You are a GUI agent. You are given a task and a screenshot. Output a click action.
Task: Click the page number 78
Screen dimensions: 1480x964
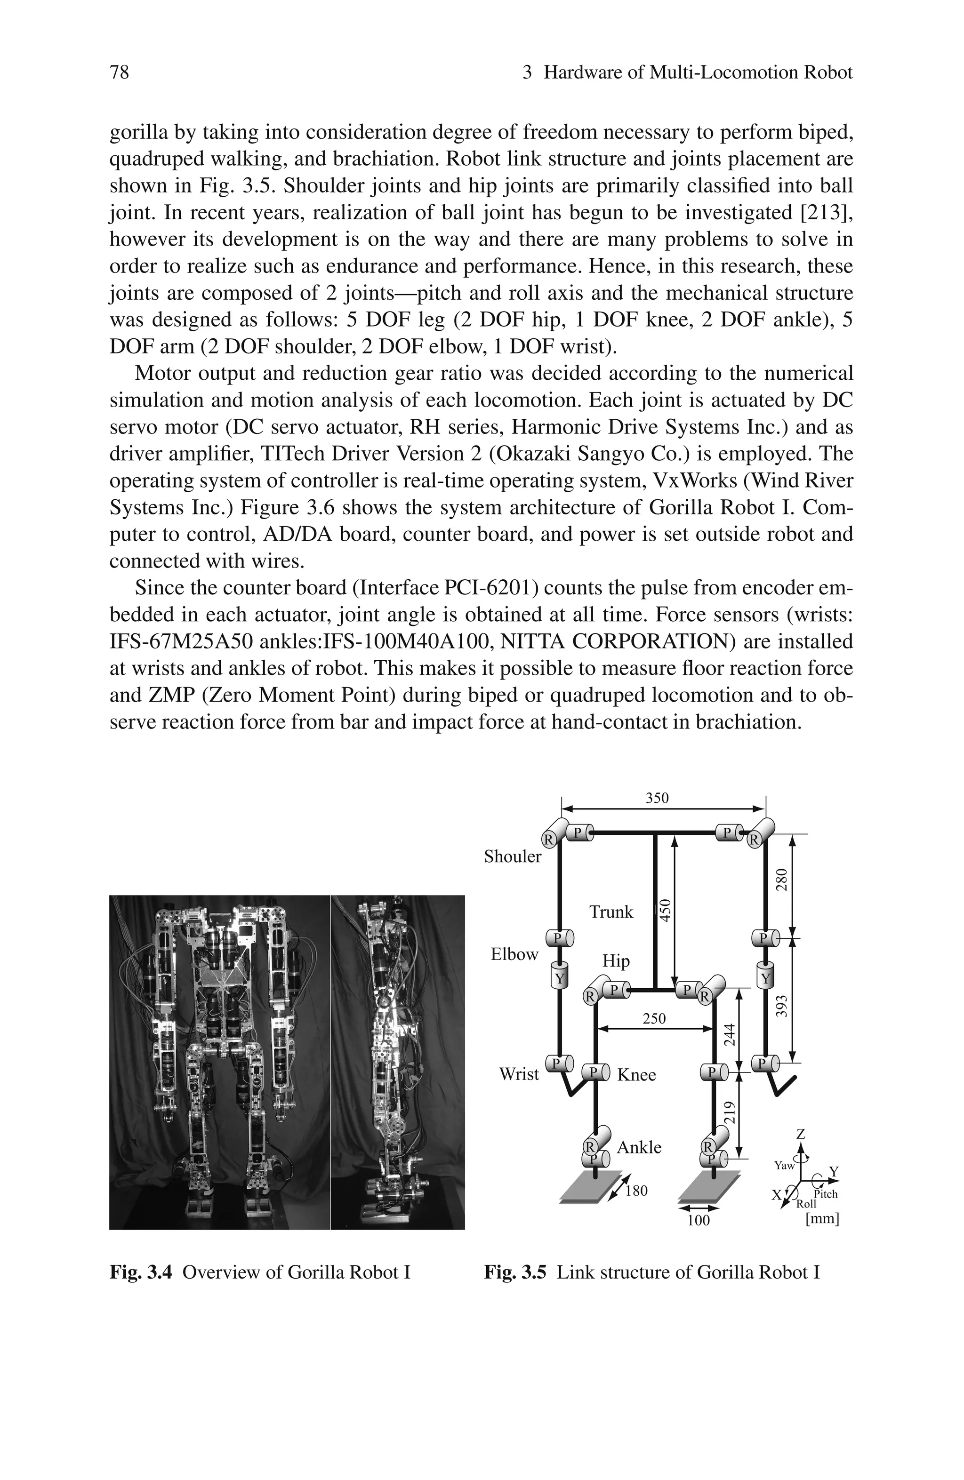click(x=120, y=73)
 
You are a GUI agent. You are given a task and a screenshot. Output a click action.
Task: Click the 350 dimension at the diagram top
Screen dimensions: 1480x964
click(x=657, y=798)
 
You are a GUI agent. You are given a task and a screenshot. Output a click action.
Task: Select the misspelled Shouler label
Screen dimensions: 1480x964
click(x=513, y=857)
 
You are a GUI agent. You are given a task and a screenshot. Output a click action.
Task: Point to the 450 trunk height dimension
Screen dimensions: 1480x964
click(x=665, y=911)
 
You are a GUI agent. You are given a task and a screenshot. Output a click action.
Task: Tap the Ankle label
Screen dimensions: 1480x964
click(x=639, y=1147)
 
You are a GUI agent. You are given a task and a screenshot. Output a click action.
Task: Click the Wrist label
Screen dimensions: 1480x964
click(x=519, y=1074)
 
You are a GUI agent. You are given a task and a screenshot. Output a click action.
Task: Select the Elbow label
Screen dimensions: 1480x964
click(x=514, y=954)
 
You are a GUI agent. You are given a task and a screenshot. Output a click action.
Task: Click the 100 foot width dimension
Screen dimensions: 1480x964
click(x=698, y=1221)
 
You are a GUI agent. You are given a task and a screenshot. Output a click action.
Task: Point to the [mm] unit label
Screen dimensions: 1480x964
click(x=821, y=1219)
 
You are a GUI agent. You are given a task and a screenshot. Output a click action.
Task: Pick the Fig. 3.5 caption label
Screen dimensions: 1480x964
click(x=515, y=1272)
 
